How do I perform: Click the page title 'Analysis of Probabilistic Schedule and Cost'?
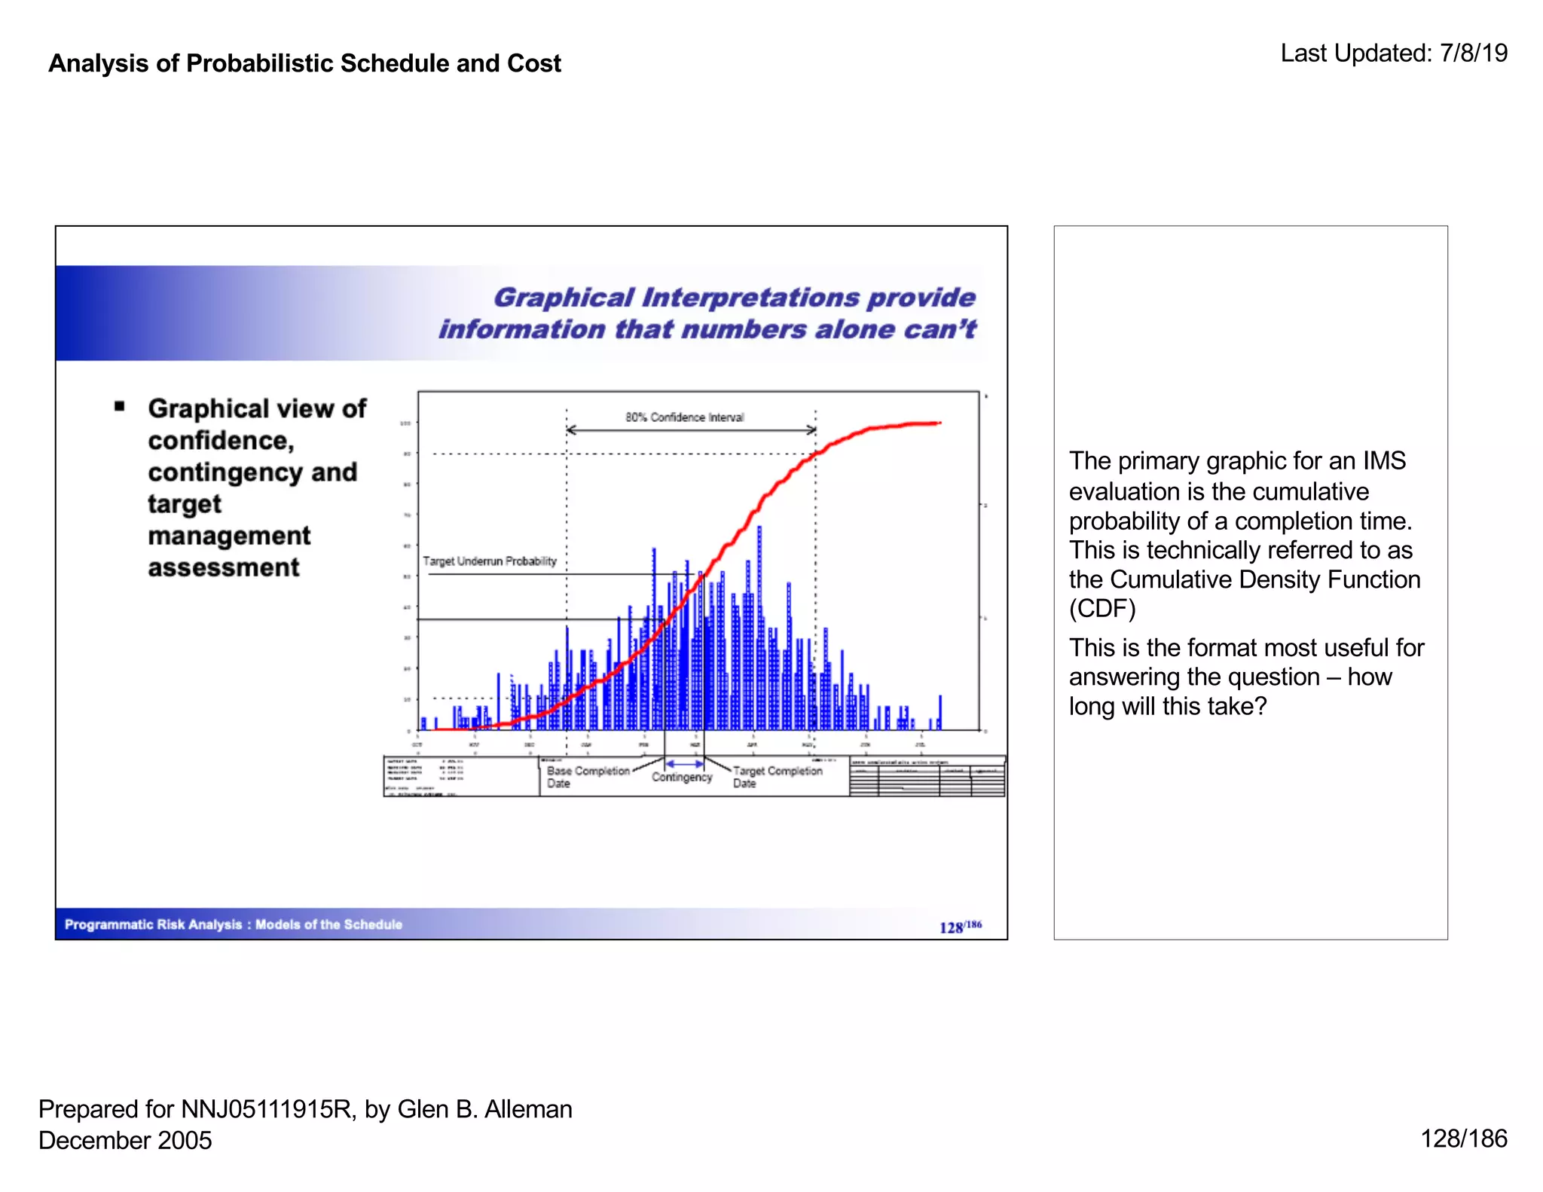pos(304,63)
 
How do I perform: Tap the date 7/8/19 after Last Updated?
pos(1473,53)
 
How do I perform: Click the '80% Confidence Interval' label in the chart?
pos(684,417)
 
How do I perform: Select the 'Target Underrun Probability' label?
pos(490,561)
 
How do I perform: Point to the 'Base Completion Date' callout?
pos(587,777)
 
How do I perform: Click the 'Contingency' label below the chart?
pos(682,778)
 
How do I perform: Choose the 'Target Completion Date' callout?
pos(777,777)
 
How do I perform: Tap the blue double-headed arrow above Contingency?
pos(684,763)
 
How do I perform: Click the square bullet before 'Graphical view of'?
pos(119,407)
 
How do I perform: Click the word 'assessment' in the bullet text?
pos(223,567)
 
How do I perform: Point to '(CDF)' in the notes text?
pos(1101,609)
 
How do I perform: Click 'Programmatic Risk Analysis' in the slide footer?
pos(154,925)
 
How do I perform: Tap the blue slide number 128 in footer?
pos(951,928)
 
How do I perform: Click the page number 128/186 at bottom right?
pos(1463,1138)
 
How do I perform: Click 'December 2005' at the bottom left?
pos(125,1140)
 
